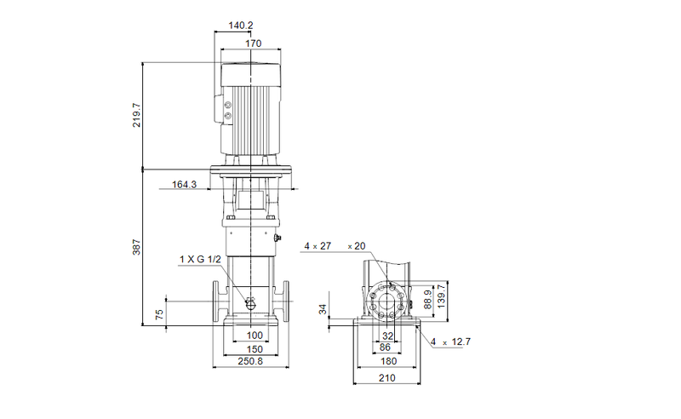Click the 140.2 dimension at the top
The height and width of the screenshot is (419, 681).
tap(241, 26)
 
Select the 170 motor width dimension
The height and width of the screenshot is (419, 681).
tap(253, 43)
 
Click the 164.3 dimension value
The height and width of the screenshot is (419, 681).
tap(184, 184)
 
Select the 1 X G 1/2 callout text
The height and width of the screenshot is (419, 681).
tap(199, 259)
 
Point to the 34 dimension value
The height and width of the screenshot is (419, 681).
tap(323, 308)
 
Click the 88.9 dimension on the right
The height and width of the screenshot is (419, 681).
tap(429, 301)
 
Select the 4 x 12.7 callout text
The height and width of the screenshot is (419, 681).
tap(450, 342)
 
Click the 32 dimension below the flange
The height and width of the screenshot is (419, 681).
tap(387, 336)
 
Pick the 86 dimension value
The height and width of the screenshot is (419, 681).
tap(385, 348)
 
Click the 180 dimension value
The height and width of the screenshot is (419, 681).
tap(387, 362)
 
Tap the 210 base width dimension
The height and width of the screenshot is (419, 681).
tap(387, 377)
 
